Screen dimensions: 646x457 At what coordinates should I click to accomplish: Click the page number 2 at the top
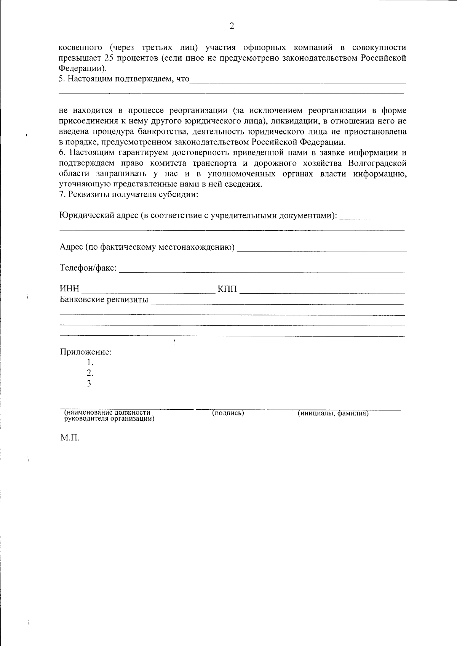click(x=232, y=26)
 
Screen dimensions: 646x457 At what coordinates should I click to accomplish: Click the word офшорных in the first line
click(x=264, y=48)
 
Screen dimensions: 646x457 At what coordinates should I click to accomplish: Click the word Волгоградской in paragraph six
click(x=377, y=164)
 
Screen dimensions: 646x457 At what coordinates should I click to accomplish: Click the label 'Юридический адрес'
click(x=99, y=216)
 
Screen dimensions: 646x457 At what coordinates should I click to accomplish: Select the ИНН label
click(x=69, y=290)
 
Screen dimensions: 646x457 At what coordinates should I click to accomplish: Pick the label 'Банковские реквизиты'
click(x=104, y=300)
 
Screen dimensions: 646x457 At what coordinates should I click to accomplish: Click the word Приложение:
click(x=86, y=352)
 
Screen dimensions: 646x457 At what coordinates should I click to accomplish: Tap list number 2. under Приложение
click(x=90, y=373)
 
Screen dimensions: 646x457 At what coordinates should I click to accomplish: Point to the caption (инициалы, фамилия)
click(x=333, y=413)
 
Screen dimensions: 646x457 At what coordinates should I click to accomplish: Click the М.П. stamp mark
click(x=69, y=438)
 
